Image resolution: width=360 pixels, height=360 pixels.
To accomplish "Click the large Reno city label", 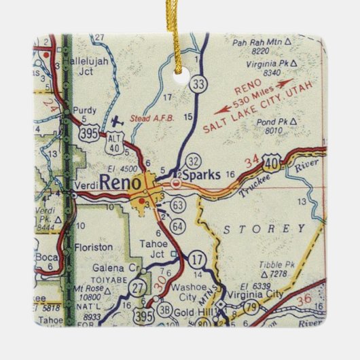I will pos(120,181).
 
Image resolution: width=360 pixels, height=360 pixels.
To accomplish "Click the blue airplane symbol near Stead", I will pos(117,120).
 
